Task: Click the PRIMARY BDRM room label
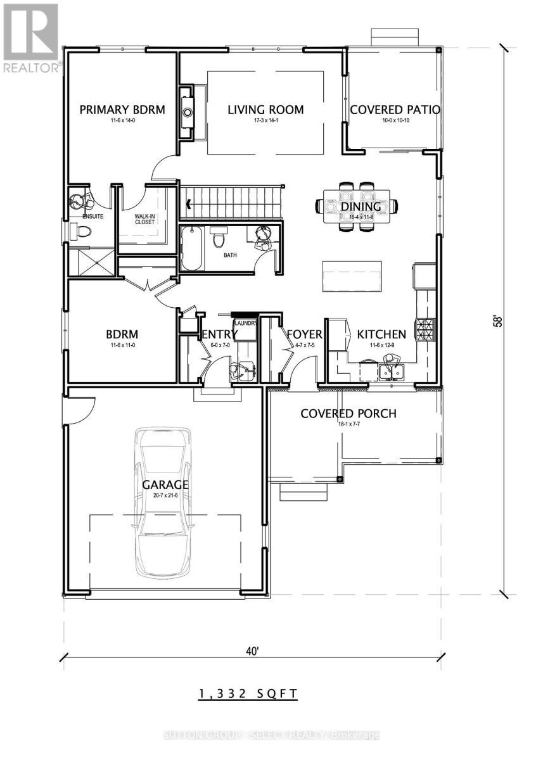122,110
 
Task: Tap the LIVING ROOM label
265,110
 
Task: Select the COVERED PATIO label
395,110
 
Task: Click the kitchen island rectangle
352,277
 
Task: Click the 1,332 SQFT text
248,694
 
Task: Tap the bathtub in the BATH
191,249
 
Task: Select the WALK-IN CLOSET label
144,219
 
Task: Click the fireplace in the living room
188,113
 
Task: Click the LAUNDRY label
245,323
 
